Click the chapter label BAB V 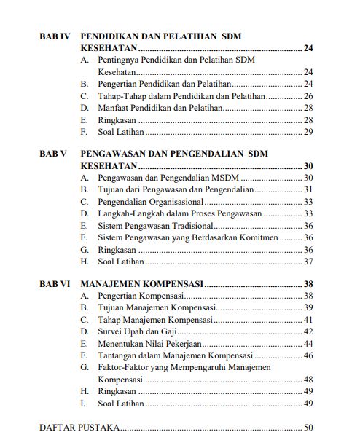coord(53,154)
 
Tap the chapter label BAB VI coord(55,284)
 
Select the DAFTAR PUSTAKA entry coord(79,428)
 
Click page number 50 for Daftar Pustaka coord(308,428)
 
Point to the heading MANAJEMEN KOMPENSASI coord(141,284)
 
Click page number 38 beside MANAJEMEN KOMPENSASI coord(308,284)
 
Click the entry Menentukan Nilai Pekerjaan coord(151,343)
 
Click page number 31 coord(308,189)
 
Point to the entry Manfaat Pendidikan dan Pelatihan coord(160,107)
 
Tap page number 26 coord(308,95)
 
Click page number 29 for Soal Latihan coord(308,131)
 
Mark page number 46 coord(308,355)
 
